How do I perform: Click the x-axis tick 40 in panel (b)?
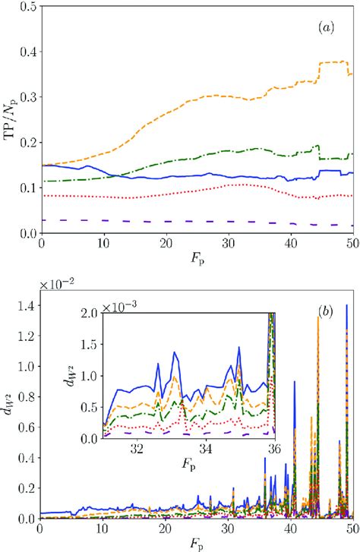coord(289,528)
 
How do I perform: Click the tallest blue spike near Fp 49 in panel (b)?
coord(347,306)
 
